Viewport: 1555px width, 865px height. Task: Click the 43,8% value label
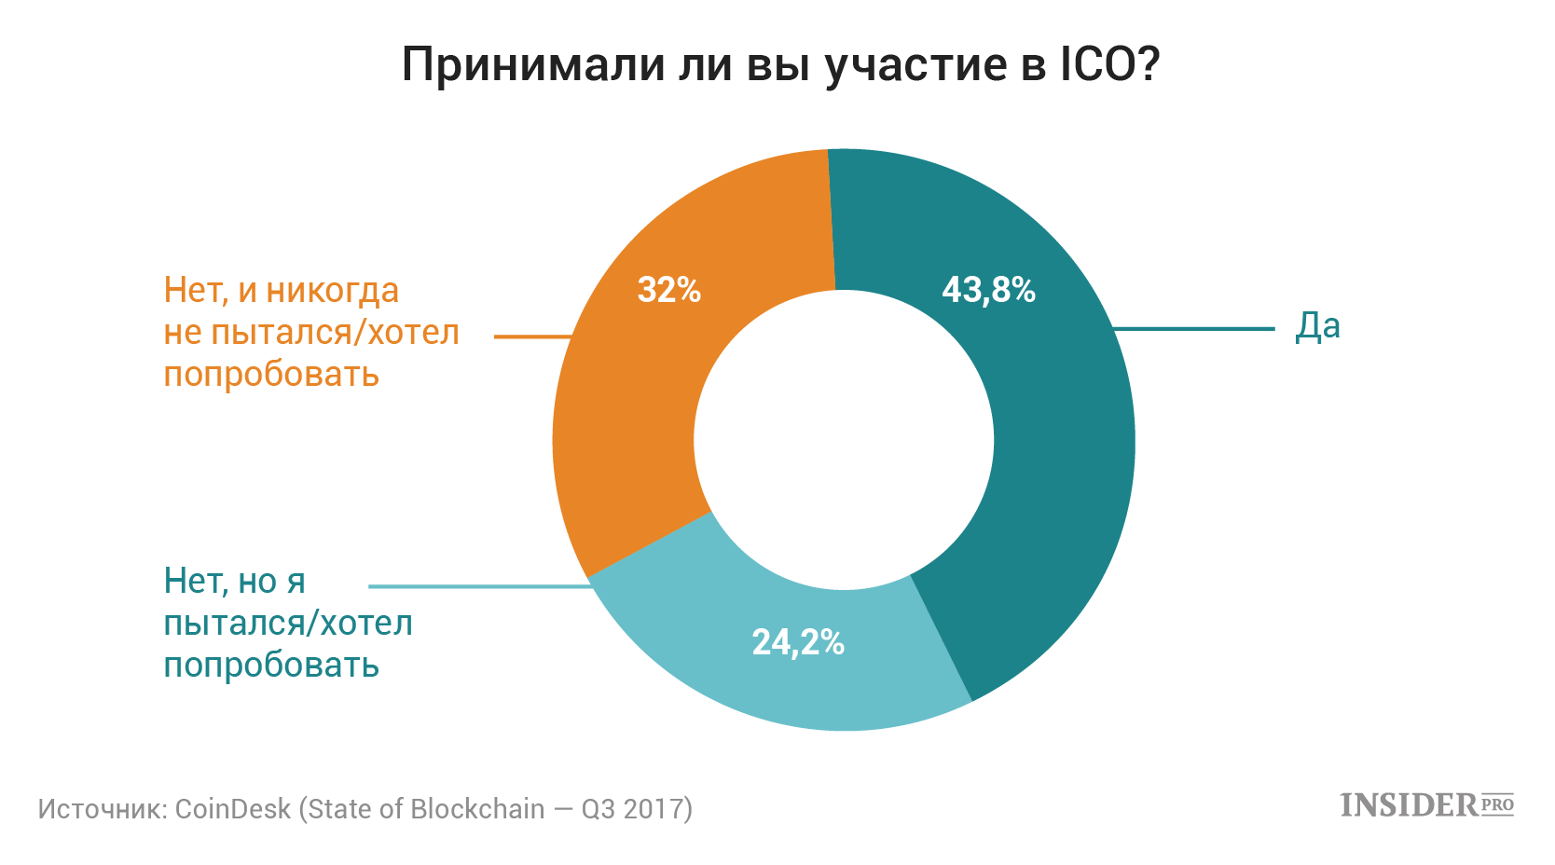tap(988, 290)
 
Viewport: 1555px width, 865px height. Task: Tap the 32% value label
tap(669, 290)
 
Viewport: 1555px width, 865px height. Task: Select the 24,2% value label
tap(798, 642)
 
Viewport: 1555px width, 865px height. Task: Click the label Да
tap(1317, 326)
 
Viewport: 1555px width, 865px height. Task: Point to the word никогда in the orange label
tap(333, 292)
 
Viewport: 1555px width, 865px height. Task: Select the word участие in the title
tap(916, 68)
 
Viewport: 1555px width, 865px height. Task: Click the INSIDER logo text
tap(1409, 805)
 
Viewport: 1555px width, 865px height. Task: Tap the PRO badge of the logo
tap(1497, 804)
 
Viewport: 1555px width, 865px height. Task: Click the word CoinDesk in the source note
tap(232, 809)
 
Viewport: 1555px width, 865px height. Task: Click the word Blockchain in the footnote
tap(477, 809)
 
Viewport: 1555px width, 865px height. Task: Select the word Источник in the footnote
tap(100, 809)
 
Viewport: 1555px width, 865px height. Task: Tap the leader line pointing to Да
tap(1194, 328)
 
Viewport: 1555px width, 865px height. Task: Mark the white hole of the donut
tap(844, 439)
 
